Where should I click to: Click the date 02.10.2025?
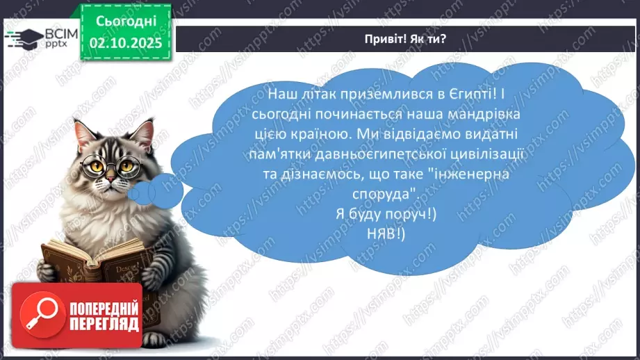pyautogui.click(x=126, y=42)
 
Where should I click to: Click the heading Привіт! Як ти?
pyautogui.click(x=406, y=39)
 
